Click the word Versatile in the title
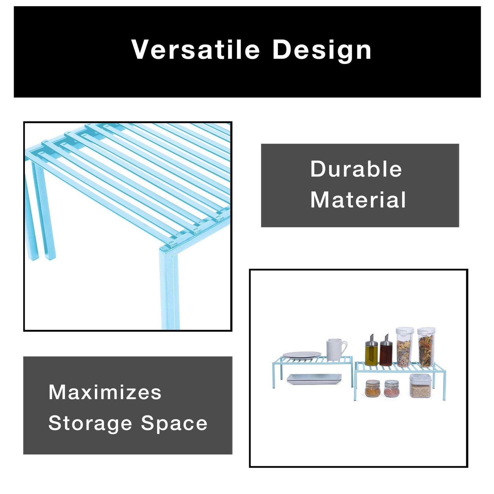click(x=195, y=50)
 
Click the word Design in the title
click(x=322, y=51)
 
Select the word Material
click(x=358, y=200)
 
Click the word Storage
click(x=90, y=424)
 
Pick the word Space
click(x=174, y=424)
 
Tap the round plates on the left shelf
click(x=302, y=355)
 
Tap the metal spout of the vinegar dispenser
click(x=387, y=337)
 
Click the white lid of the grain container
click(x=420, y=377)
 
